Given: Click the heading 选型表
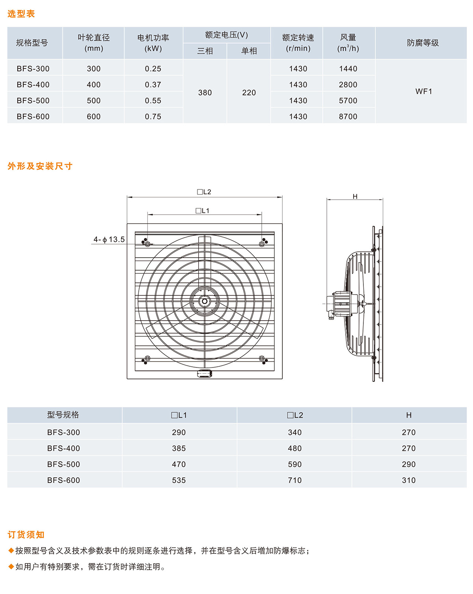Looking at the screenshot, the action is click(21, 14).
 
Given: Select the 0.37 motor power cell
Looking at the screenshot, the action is click(153, 84).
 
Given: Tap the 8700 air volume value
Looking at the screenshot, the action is click(348, 117).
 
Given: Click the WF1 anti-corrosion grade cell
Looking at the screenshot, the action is click(423, 91).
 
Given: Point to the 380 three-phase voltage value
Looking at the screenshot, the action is click(205, 93).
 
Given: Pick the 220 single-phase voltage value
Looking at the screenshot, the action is click(249, 93).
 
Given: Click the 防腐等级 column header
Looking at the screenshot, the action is click(423, 43).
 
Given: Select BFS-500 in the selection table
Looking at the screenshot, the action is click(33, 100).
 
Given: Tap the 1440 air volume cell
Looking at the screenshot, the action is click(348, 69).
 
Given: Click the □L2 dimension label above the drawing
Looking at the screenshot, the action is click(204, 192).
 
